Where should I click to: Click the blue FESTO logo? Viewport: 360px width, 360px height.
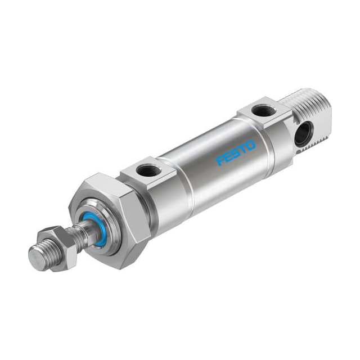coord(236,152)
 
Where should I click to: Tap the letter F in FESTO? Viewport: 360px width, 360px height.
coord(222,161)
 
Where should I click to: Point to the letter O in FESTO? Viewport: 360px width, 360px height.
coord(250,145)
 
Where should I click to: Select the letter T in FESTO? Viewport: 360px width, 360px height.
coord(243,149)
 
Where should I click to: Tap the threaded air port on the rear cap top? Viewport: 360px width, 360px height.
coord(263,111)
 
